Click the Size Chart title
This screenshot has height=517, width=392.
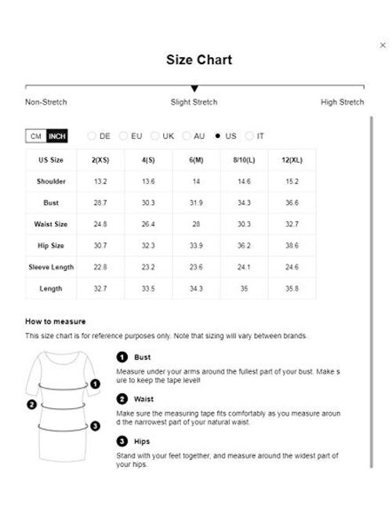198,60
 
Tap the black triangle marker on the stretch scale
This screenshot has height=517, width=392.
194,89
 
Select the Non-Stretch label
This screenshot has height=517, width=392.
45,103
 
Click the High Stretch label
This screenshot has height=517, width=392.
343,103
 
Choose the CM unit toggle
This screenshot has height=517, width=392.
35,136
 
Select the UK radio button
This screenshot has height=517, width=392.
154,136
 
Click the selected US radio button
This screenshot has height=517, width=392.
217,136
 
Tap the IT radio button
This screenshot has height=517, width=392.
249,136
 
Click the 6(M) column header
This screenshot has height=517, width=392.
197,160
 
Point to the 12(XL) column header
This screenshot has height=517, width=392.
292,160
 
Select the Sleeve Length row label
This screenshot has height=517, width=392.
50,267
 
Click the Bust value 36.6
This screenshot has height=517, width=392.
292,202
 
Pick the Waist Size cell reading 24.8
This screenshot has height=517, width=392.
100,224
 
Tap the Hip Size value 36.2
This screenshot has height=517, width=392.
245,245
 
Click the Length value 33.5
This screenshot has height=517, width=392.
149,288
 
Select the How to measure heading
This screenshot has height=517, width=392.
56,322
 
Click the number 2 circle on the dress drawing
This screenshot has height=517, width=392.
32,405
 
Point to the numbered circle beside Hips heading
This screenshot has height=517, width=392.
122,442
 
